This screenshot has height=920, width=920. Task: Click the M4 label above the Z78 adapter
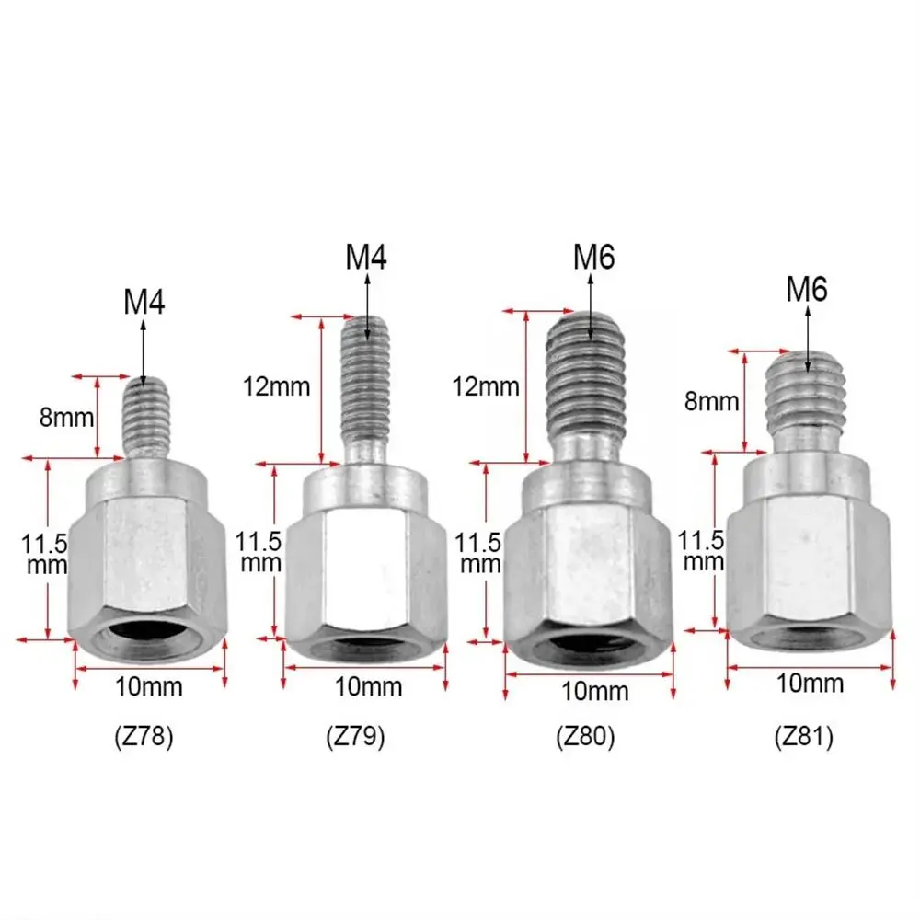144,303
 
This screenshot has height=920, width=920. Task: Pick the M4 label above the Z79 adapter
366,257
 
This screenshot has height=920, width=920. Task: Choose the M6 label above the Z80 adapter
593,258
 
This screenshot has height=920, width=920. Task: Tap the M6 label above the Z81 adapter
807,290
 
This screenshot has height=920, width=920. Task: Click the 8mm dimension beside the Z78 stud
67,417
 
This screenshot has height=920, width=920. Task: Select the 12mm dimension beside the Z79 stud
278,386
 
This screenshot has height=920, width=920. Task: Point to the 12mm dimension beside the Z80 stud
487,386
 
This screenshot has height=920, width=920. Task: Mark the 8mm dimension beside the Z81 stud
711,401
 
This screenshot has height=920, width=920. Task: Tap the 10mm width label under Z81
811,683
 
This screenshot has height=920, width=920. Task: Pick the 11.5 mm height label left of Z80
480,553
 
